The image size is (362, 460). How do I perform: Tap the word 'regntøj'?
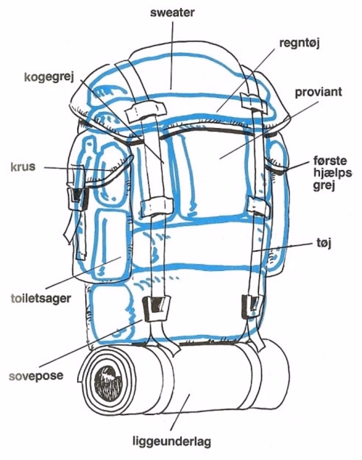pyautogui.click(x=299, y=43)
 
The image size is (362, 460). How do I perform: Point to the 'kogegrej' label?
pyautogui.click(x=49, y=78)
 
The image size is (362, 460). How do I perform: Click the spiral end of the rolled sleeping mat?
pyautogui.click(x=106, y=379)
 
